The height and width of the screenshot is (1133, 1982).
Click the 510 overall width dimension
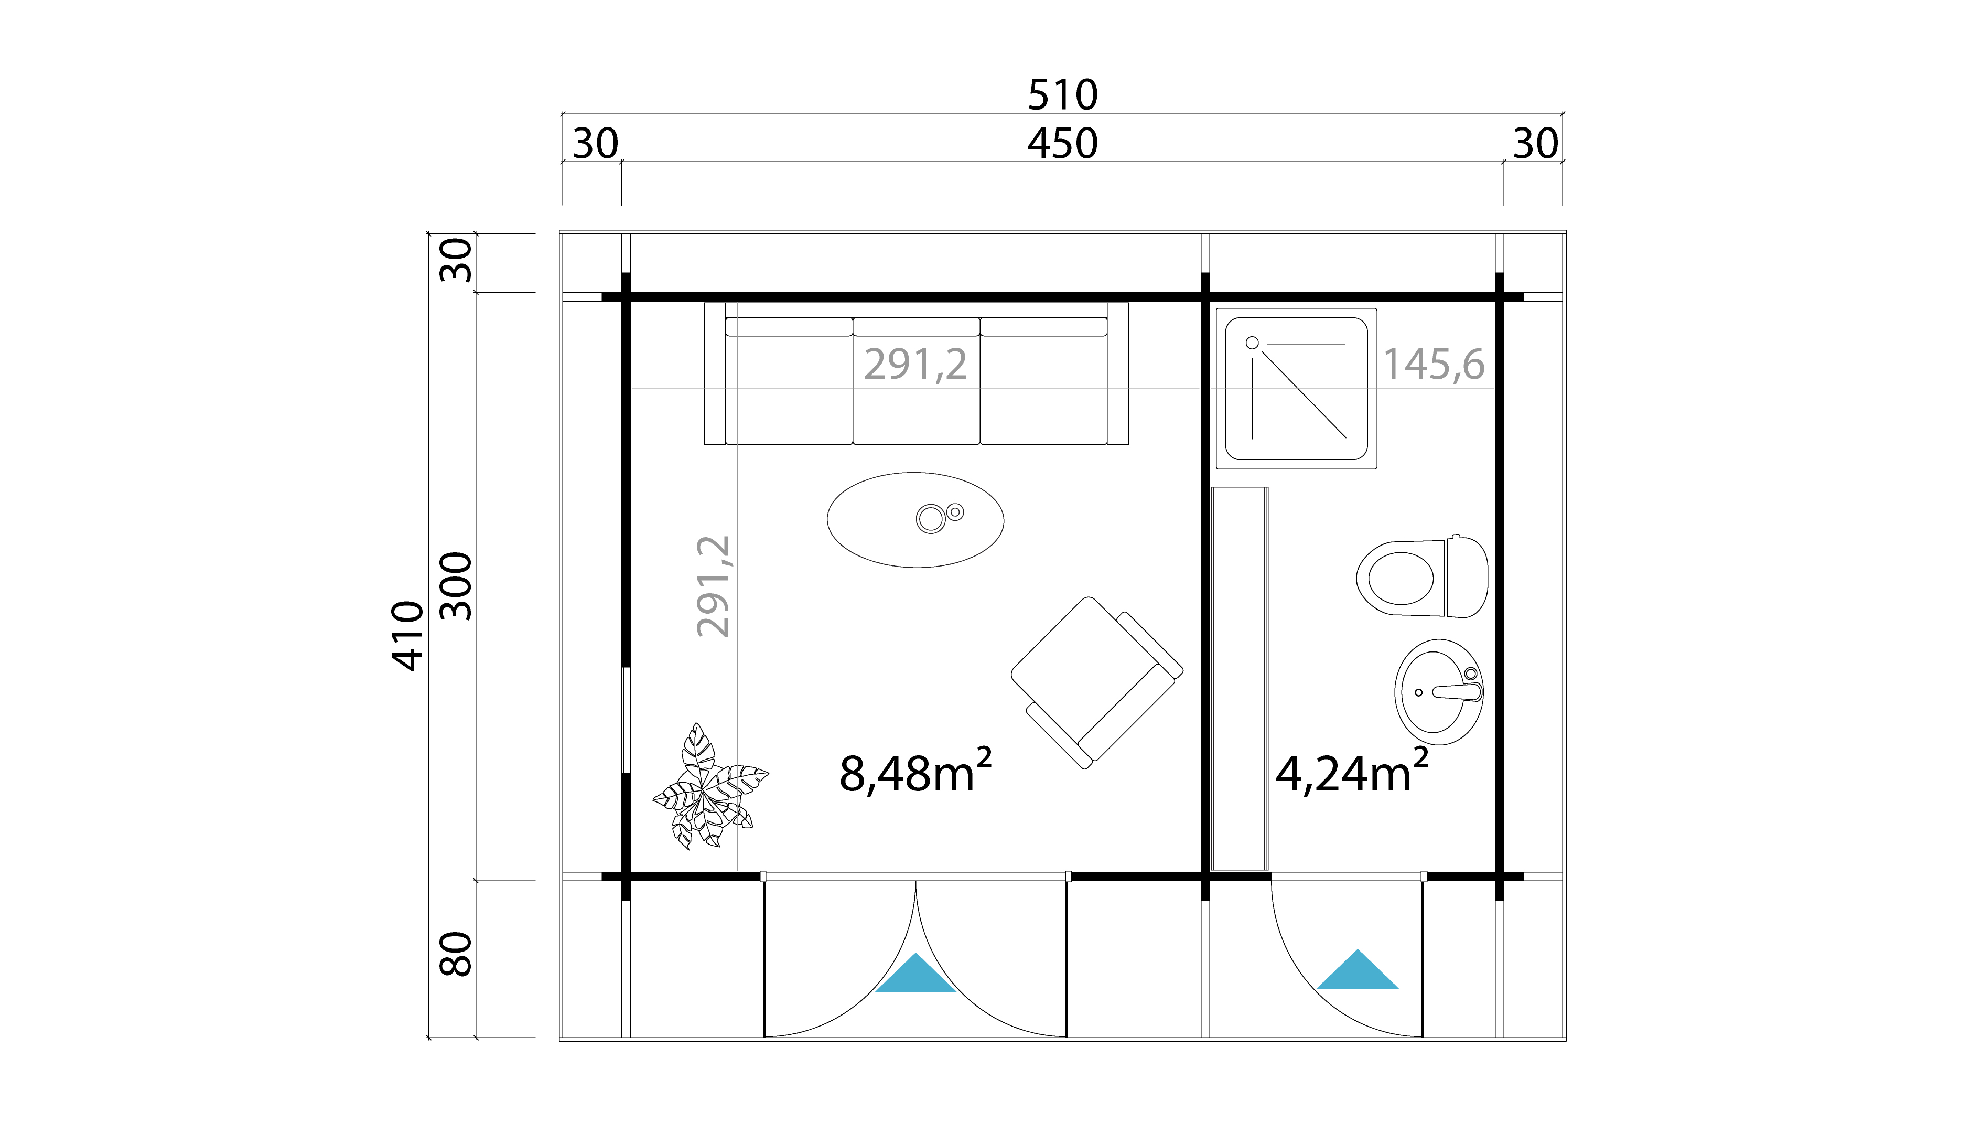tap(1062, 95)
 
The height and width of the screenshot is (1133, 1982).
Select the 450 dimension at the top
tap(1062, 143)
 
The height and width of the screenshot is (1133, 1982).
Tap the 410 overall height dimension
tap(407, 635)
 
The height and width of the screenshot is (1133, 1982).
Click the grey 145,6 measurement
tap(1434, 364)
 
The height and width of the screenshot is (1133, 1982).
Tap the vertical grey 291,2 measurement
tap(713, 586)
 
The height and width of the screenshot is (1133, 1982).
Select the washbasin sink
tap(1438, 692)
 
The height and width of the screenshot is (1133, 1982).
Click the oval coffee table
tap(915, 520)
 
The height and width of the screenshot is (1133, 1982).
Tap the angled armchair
tap(1096, 682)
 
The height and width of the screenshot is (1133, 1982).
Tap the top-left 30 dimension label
tap(595, 144)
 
